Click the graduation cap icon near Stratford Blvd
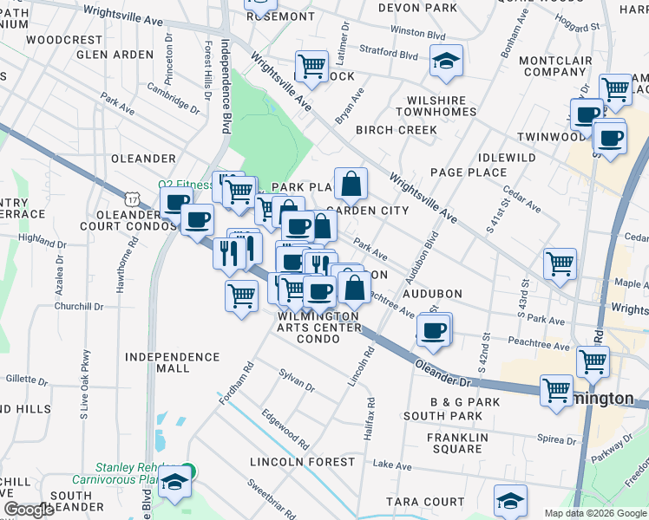click(446, 62)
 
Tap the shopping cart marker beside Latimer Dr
click(311, 66)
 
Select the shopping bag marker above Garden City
click(351, 184)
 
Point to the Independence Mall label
click(172, 362)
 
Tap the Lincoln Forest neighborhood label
click(303, 462)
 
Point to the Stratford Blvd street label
click(389, 55)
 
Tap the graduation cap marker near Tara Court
click(510, 500)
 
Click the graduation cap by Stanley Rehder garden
click(176, 483)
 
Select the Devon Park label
click(417, 8)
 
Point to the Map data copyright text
click(594, 513)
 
